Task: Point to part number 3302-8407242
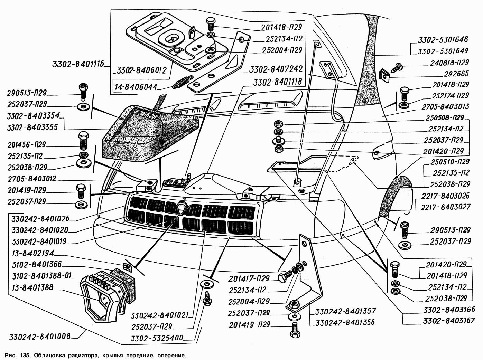click(276, 69)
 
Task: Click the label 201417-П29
click(249, 278)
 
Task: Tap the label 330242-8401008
click(40, 336)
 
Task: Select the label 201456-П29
click(26, 145)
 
